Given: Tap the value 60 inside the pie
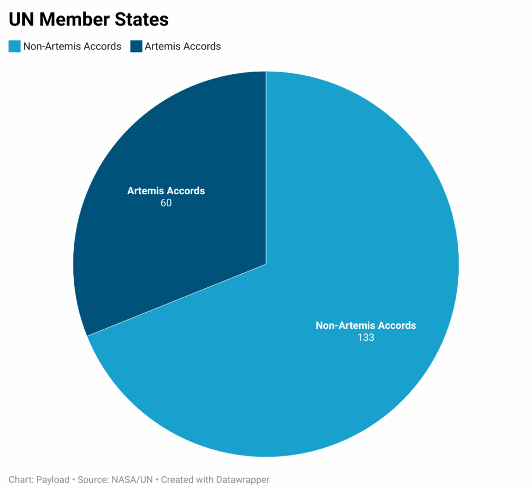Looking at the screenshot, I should tap(166, 203).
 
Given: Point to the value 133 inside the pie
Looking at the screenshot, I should tap(366, 338).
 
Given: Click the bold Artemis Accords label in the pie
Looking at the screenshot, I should tap(166, 191).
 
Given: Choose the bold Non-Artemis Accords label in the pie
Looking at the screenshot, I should tap(366, 326).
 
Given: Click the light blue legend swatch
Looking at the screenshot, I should tap(15, 47).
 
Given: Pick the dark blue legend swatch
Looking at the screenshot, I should tap(136, 47).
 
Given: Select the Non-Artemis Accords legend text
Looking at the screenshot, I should tap(72, 47).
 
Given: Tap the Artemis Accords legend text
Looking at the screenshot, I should tap(183, 47).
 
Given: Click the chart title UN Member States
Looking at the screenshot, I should tap(89, 20).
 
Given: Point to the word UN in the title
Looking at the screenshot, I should tap(21, 20).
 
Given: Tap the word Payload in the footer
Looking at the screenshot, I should tap(52, 480).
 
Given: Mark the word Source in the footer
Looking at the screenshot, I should tap(92, 480).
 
